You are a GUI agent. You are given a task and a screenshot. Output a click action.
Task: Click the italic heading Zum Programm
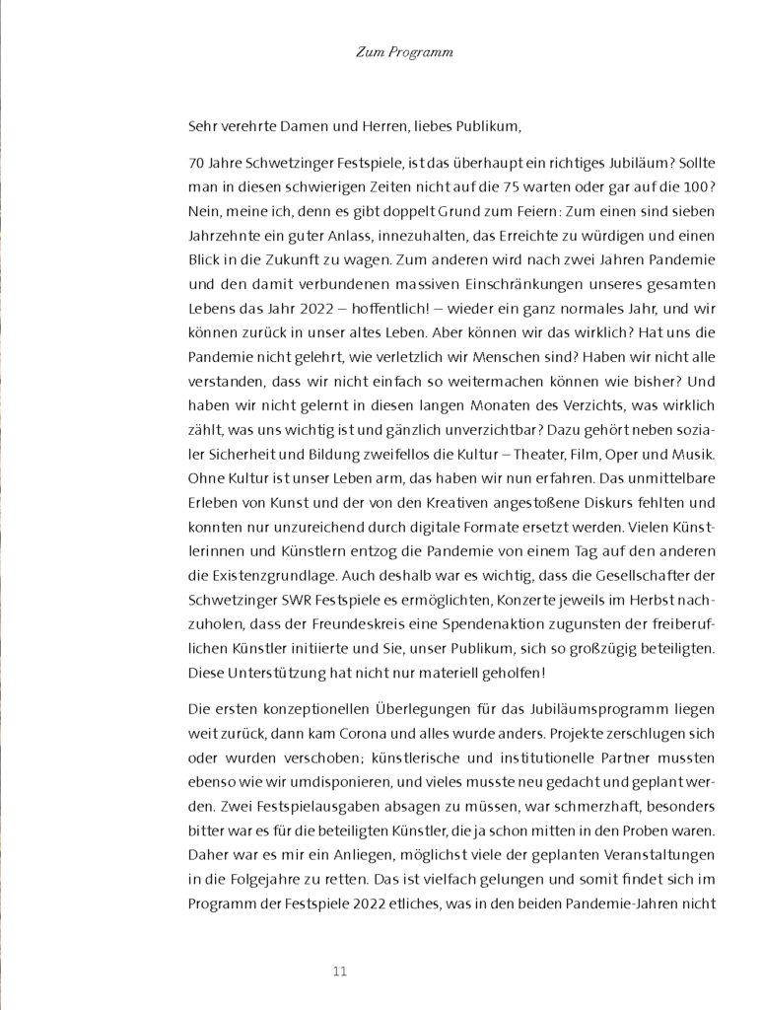pyautogui.click(x=404, y=52)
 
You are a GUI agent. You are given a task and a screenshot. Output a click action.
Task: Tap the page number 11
pyautogui.click(x=340, y=971)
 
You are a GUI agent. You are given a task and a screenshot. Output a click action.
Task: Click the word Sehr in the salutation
pyautogui.click(x=201, y=126)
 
